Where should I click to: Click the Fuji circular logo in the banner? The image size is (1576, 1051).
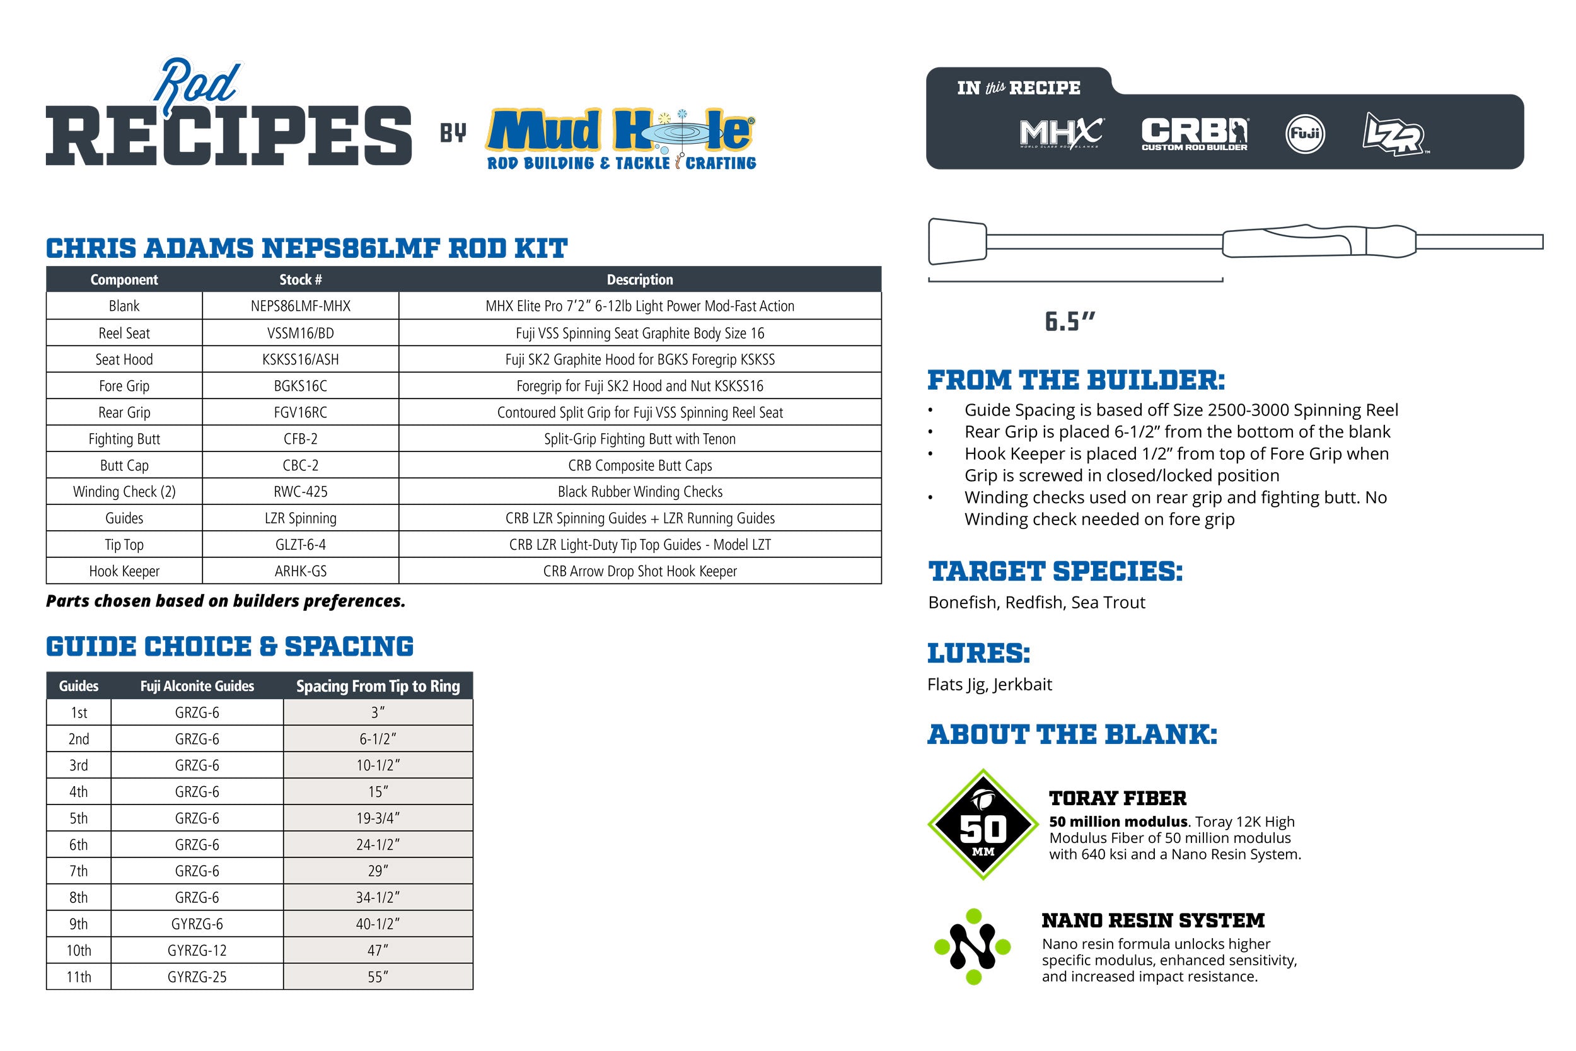pyautogui.click(x=1305, y=134)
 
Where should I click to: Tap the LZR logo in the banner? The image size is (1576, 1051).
pyautogui.click(x=1394, y=134)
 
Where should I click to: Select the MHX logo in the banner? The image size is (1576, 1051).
pyautogui.click(x=1061, y=134)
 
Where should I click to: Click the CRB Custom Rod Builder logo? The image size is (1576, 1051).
pyautogui.click(x=1194, y=134)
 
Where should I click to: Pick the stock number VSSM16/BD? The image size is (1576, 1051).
pyautogui.click(x=300, y=333)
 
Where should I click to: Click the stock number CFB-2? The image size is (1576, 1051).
pyautogui.click(x=300, y=439)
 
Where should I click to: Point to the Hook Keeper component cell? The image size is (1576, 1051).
pyautogui.click(x=124, y=571)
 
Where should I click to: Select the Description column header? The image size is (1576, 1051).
pyautogui.click(x=640, y=279)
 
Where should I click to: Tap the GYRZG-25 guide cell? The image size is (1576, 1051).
pyautogui.click(x=197, y=977)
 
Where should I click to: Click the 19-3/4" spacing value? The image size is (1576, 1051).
pyautogui.click(x=378, y=818)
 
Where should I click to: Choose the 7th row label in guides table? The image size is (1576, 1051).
pyautogui.click(x=78, y=871)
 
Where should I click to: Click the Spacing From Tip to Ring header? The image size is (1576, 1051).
pyautogui.click(x=378, y=687)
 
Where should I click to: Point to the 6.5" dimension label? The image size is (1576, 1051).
pyautogui.click(x=1070, y=322)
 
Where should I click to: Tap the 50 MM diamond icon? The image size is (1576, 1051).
pyautogui.click(x=983, y=825)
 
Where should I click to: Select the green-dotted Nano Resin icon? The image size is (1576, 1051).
pyautogui.click(x=973, y=946)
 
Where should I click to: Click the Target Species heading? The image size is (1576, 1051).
pyautogui.click(x=1055, y=572)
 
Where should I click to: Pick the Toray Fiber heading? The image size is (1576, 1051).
pyautogui.click(x=1118, y=798)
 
